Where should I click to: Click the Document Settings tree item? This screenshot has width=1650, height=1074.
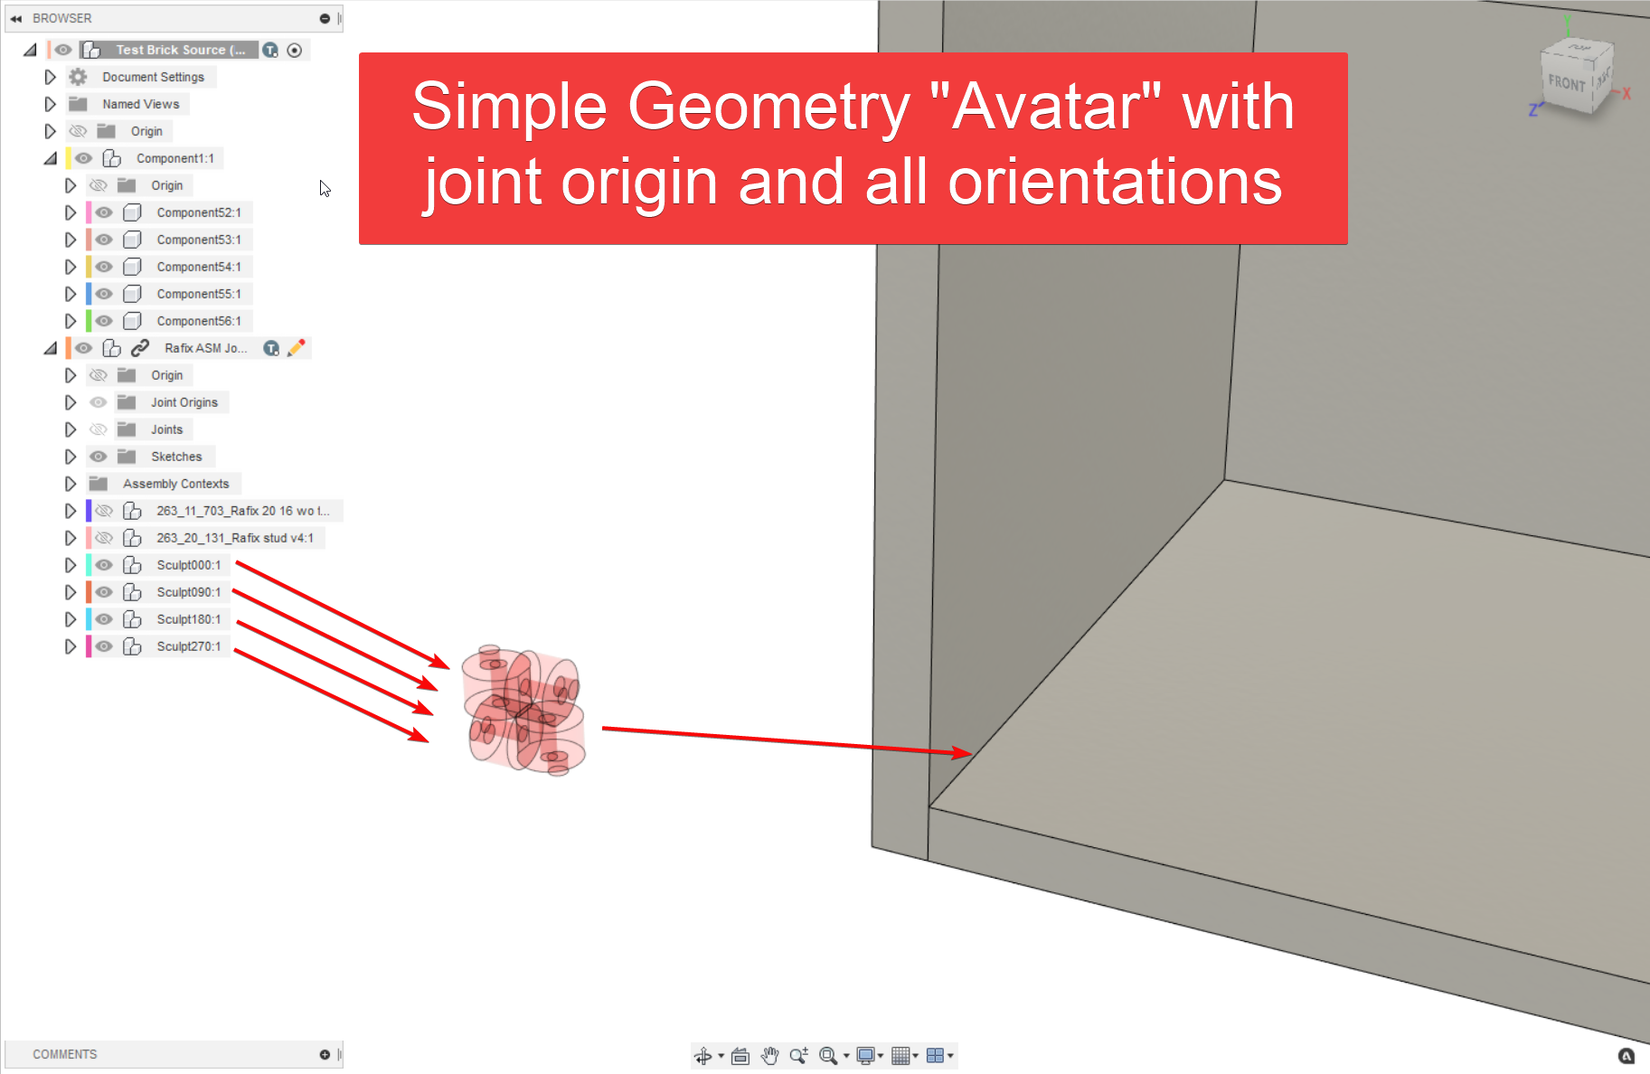point(153,77)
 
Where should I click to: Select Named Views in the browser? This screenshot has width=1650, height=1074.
point(140,104)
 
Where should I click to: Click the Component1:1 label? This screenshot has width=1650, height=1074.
point(174,158)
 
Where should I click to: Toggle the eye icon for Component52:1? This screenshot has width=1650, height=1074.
point(104,212)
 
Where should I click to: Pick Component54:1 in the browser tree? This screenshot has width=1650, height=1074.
point(198,267)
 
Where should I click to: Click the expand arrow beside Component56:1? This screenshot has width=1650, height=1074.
point(70,321)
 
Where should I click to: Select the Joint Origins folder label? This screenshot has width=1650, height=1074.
point(184,402)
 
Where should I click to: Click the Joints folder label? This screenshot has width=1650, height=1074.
point(166,429)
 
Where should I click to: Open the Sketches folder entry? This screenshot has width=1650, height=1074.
point(176,457)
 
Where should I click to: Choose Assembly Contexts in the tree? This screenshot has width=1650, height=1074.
point(175,484)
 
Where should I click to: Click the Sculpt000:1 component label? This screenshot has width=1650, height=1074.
point(188,565)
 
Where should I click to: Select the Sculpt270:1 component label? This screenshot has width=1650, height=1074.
point(188,646)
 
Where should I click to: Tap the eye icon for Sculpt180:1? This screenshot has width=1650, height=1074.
point(104,619)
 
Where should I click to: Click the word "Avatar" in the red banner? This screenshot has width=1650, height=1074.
point(1044,107)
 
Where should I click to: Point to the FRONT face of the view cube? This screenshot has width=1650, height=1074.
point(1566,84)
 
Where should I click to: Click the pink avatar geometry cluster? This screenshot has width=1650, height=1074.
point(523,711)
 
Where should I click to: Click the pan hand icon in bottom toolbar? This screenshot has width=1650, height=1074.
point(769,1055)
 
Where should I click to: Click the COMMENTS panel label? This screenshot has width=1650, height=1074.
point(64,1054)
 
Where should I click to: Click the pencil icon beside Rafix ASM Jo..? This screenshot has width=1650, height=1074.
point(297,348)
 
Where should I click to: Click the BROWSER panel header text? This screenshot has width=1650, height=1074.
point(61,18)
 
